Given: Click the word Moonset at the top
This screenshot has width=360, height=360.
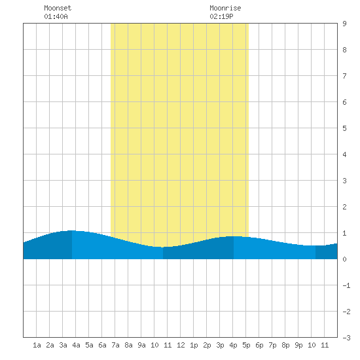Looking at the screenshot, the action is pyautogui.click(x=58, y=8).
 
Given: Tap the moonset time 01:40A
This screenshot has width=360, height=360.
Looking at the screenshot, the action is pyautogui.click(x=56, y=16).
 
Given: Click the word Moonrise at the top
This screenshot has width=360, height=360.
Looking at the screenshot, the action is pyautogui.click(x=225, y=8).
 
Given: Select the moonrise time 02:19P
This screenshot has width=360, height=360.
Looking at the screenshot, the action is pyautogui.click(x=221, y=16).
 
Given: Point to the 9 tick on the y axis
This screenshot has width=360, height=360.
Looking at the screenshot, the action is pyautogui.click(x=344, y=24).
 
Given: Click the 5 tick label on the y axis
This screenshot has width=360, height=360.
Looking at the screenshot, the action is pyautogui.click(x=344, y=128).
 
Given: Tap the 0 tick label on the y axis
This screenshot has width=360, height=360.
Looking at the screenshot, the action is pyautogui.click(x=344, y=259).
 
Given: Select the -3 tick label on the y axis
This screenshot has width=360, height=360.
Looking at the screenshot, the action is pyautogui.click(x=346, y=338).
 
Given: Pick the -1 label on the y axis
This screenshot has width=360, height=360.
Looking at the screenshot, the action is pyautogui.click(x=346, y=285).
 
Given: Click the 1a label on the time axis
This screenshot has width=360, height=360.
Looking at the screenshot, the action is pyautogui.click(x=37, y=345).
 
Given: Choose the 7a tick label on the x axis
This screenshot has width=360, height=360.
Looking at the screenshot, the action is pyautogui.click(x=115, y=345).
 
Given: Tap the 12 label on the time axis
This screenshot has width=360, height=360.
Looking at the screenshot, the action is pyautogui.click(x=181, y=345).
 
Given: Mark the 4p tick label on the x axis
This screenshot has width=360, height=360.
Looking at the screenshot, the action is pyautogui.click(x=233, y=345).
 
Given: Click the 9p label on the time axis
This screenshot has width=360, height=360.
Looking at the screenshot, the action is pyautogui.click(x=298, y=345).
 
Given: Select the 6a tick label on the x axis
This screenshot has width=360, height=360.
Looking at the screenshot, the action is pyautogui.click(x=102, y=345).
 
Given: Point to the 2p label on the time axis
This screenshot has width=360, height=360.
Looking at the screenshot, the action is pyautogui.click(x=207, y=345).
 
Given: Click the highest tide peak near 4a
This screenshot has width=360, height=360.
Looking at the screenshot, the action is pyautogui.click(x=72, y=230).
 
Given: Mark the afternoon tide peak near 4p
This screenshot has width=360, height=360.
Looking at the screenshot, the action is pyautogui.click(x=234, y=236).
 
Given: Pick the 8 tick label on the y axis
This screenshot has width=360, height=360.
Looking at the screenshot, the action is pyautogui.click(x=344, y=50).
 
